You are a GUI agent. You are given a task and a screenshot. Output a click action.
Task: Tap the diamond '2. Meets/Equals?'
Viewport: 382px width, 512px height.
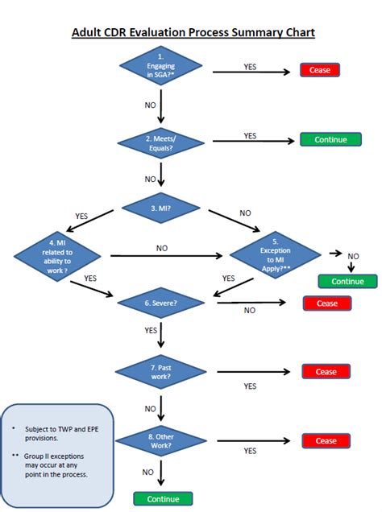coord(161,142)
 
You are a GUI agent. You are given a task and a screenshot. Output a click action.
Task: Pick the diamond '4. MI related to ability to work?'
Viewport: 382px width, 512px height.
coord(58,257)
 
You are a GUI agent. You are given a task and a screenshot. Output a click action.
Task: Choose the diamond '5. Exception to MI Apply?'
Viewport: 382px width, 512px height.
coord(276,256)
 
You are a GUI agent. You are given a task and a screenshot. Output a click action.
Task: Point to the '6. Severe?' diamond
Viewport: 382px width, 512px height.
coord(162,303)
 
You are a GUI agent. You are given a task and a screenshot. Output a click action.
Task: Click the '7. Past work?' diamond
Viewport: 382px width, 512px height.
coord(162,372)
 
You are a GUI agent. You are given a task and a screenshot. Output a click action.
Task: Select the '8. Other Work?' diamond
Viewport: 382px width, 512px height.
coord(162,441)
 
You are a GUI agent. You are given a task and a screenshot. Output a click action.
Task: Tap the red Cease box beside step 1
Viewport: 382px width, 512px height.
coord(320,70)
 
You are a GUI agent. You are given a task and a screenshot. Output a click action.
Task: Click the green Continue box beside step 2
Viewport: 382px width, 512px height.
coord(330,139)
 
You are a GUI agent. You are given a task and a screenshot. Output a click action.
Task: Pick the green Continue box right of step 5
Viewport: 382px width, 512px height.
coord(347,282)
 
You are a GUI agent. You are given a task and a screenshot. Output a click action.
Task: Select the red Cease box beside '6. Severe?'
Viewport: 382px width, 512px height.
coord(326,303)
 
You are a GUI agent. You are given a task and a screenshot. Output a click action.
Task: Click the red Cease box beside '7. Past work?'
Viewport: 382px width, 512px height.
coord(326,372)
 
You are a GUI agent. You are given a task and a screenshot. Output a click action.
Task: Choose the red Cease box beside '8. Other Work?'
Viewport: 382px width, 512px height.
coord(326,441)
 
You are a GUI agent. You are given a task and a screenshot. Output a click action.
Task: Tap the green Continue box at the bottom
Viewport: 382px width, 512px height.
coord(163,498)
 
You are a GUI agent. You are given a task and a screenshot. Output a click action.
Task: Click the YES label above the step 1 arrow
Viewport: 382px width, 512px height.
coord(251,66)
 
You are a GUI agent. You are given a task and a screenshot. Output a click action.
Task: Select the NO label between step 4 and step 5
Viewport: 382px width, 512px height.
coord(162,248)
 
